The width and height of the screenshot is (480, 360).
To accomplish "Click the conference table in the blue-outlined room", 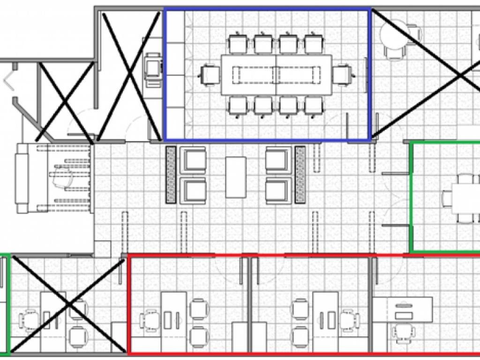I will point(277,74).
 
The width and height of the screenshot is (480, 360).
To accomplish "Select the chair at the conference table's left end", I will point(210,75).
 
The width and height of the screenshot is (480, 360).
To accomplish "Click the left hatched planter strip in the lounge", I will point(171,175).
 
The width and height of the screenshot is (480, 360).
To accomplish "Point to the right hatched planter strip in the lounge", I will point(300,175).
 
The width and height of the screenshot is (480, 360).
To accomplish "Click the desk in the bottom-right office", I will point(409,309).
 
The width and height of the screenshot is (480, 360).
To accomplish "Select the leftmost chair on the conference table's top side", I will point(238,44).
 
